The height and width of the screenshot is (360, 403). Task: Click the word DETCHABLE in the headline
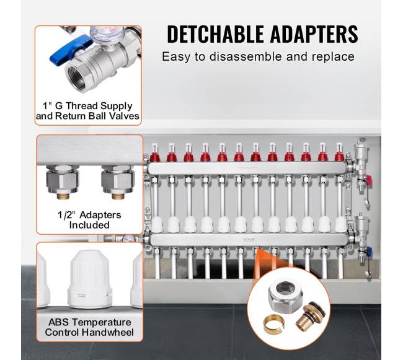tap(215, 34)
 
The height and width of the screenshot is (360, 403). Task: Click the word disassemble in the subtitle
tap(246, 56)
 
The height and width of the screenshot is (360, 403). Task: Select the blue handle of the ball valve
tap(70, 50)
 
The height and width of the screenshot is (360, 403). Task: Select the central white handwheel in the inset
tap(90, 279)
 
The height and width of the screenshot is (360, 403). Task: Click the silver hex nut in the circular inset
tap(285, 296)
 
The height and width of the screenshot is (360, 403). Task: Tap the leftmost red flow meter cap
tap(155, 157)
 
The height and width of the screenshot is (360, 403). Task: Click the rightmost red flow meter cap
tap(340, 157)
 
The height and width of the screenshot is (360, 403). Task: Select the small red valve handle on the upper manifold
tap(368, 178)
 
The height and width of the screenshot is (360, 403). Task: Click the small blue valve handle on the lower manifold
tap(368, 250)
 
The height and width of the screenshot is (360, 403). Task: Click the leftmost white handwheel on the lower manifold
tap(157, 224)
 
